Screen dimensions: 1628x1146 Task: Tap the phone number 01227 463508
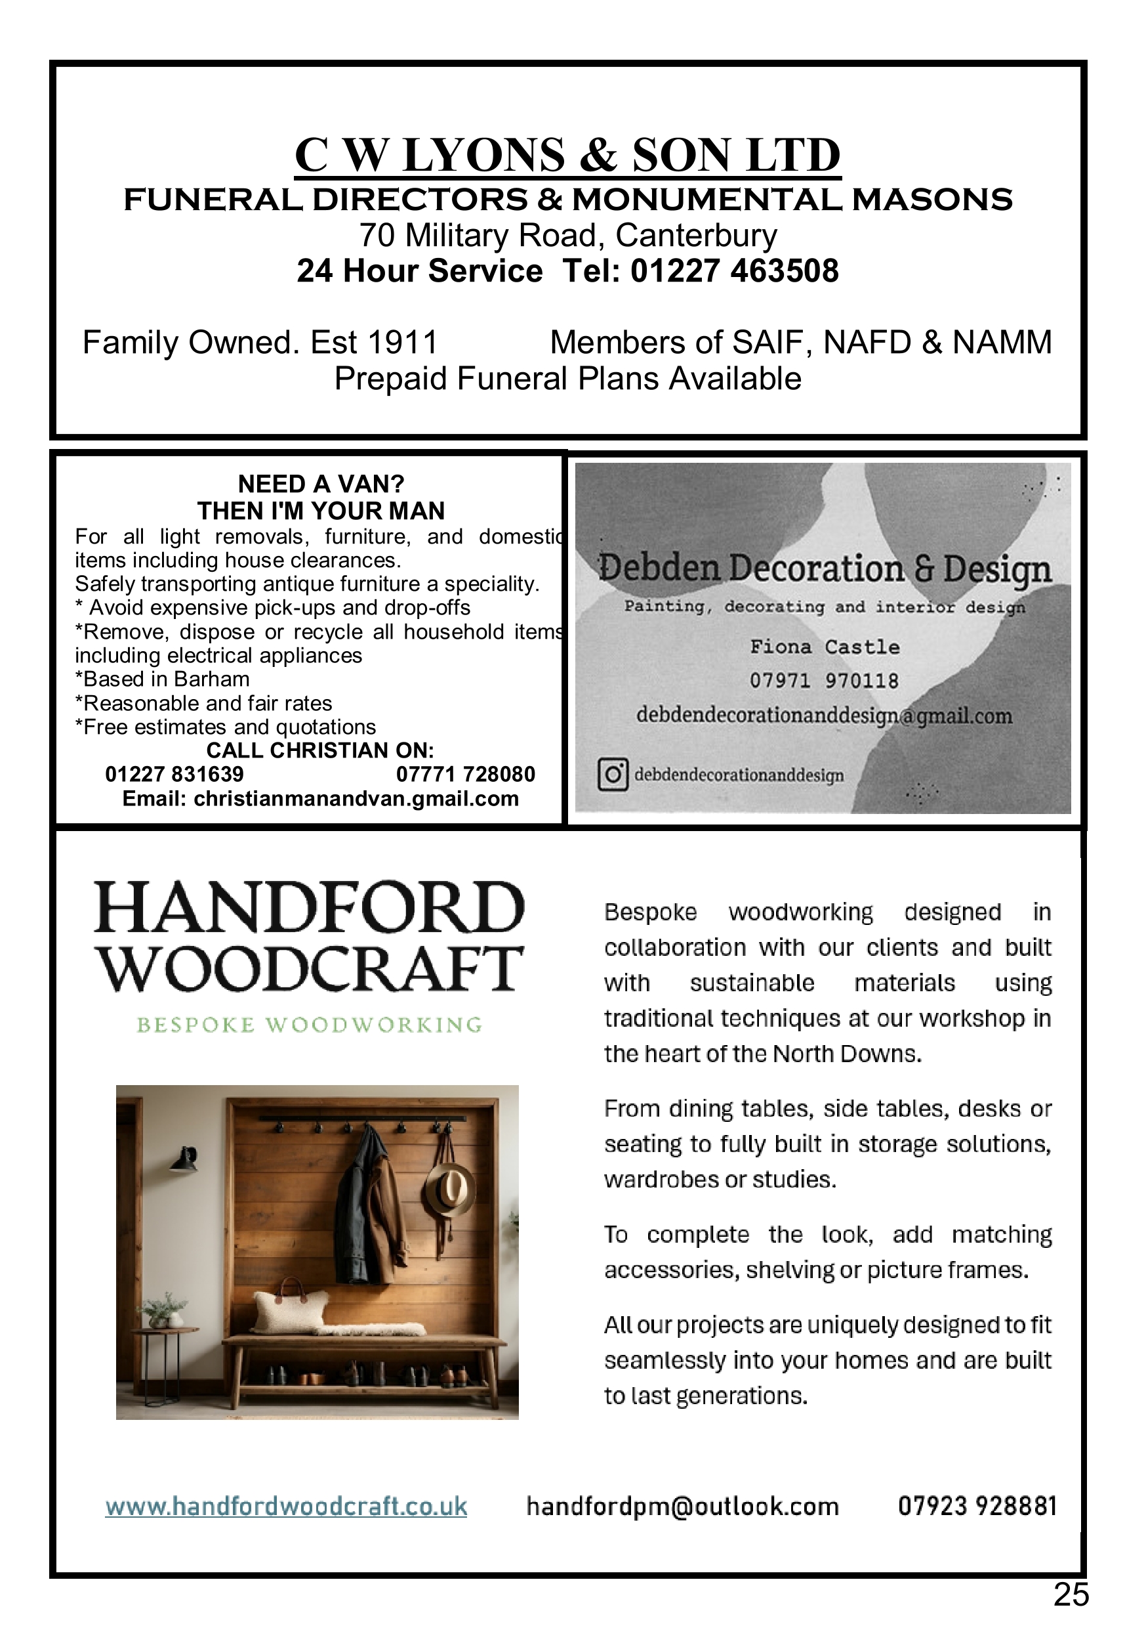tap(734, 272)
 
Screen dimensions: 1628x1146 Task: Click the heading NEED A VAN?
tap(320, 484)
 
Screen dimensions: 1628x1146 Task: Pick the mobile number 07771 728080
tap(465, 775)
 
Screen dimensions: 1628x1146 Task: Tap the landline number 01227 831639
tap(174, 775)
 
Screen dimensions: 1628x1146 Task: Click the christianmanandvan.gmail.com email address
tap(356, 799)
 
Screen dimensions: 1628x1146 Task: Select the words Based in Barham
tap(166, 679)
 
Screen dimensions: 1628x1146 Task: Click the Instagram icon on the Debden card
tap(613, 775)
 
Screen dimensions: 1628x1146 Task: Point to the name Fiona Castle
tap(825, 647)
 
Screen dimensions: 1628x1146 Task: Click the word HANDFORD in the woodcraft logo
tap(309, 909)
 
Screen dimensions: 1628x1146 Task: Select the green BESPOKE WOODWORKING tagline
tap(309, 1025)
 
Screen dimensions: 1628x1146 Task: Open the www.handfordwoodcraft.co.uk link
tap(286, 1507)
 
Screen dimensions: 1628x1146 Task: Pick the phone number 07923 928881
tap(977, 1506)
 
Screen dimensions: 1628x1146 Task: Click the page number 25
tap(1070, 1595)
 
